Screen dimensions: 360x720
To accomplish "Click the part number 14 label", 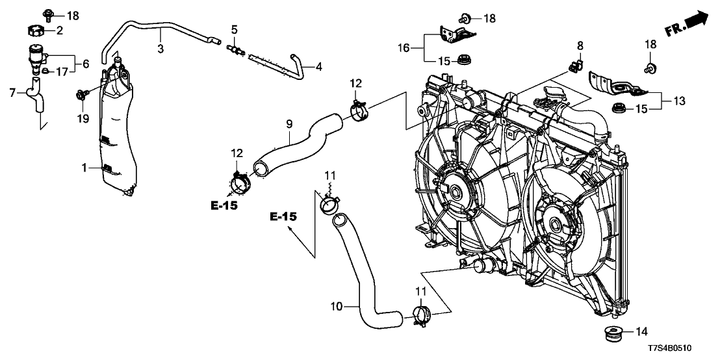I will (641, 331).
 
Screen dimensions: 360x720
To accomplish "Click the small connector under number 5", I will (235, 47).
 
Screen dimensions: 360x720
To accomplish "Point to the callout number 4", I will (318, 66).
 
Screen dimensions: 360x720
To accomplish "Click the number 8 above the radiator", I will (580, 45).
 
